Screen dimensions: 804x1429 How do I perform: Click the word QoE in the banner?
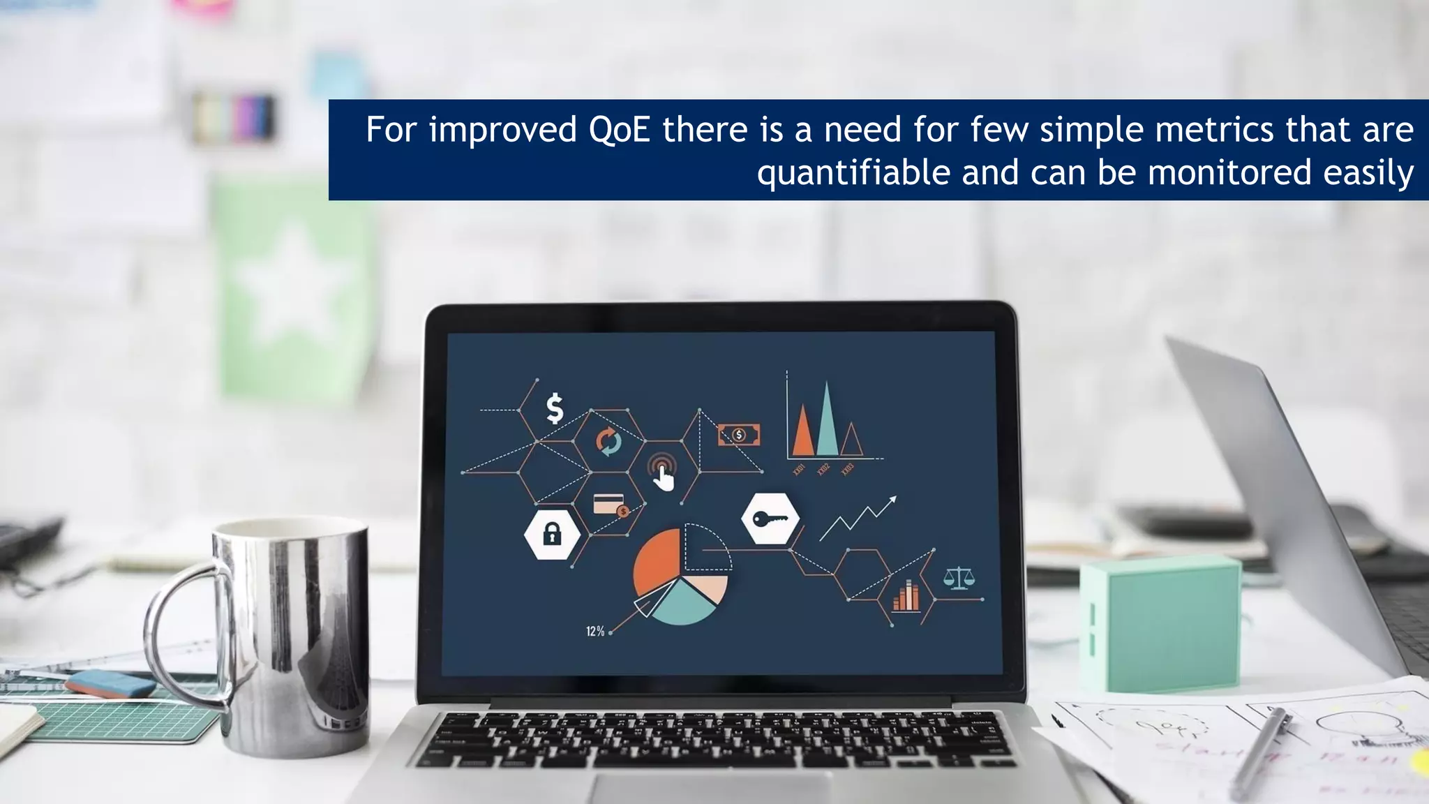[x=620, y=130]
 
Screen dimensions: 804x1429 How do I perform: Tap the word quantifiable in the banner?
[x=853, y=173]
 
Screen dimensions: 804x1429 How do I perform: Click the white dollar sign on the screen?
[x=555, y=409]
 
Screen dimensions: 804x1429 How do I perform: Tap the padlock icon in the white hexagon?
[x=552, y=535]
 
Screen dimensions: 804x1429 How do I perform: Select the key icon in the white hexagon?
[x=770, y=519]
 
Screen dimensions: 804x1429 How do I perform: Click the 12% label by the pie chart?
[x=594, y=632]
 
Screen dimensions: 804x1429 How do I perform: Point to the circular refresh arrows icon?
[x=608, y=442]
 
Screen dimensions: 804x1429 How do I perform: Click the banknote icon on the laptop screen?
[x=739, y=435]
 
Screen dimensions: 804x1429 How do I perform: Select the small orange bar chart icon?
[x=906, y=597]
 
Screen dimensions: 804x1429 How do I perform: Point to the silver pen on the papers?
[x=1259, y=754]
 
